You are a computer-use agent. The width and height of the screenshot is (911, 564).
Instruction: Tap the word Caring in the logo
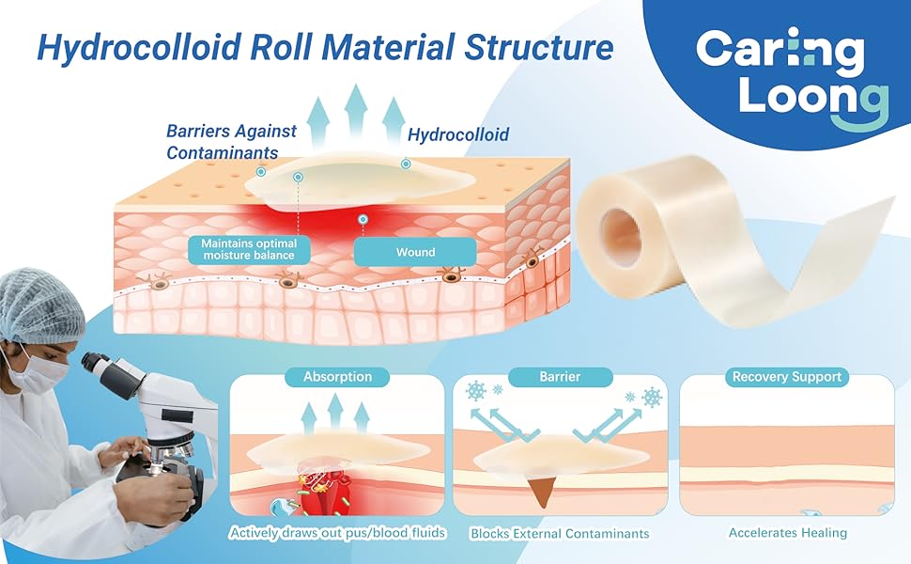coord(780,52)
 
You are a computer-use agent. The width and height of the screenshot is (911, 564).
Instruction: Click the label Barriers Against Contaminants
coord(231,142)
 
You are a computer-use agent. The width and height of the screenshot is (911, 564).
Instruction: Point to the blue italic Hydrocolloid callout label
coord(458,135)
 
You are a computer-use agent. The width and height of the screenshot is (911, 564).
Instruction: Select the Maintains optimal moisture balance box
coord(248,249)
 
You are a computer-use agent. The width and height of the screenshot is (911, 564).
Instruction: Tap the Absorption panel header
coord(337,377)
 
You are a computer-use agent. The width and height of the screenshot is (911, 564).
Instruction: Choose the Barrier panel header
coord(560,377)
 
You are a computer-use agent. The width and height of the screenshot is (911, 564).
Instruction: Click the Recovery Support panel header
coord(787,377)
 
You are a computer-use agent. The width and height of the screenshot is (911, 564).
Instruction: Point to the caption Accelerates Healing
coord(787,533)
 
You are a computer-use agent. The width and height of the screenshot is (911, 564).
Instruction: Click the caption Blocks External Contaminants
coord(560,534)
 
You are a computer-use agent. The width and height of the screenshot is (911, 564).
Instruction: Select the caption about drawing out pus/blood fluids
coord(337,534)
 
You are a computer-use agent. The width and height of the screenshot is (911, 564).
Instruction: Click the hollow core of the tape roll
coord(622,236)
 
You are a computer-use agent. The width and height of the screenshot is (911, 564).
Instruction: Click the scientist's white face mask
coord(42,369)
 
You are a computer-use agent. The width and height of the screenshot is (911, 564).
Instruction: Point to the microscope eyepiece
coord(95,362)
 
